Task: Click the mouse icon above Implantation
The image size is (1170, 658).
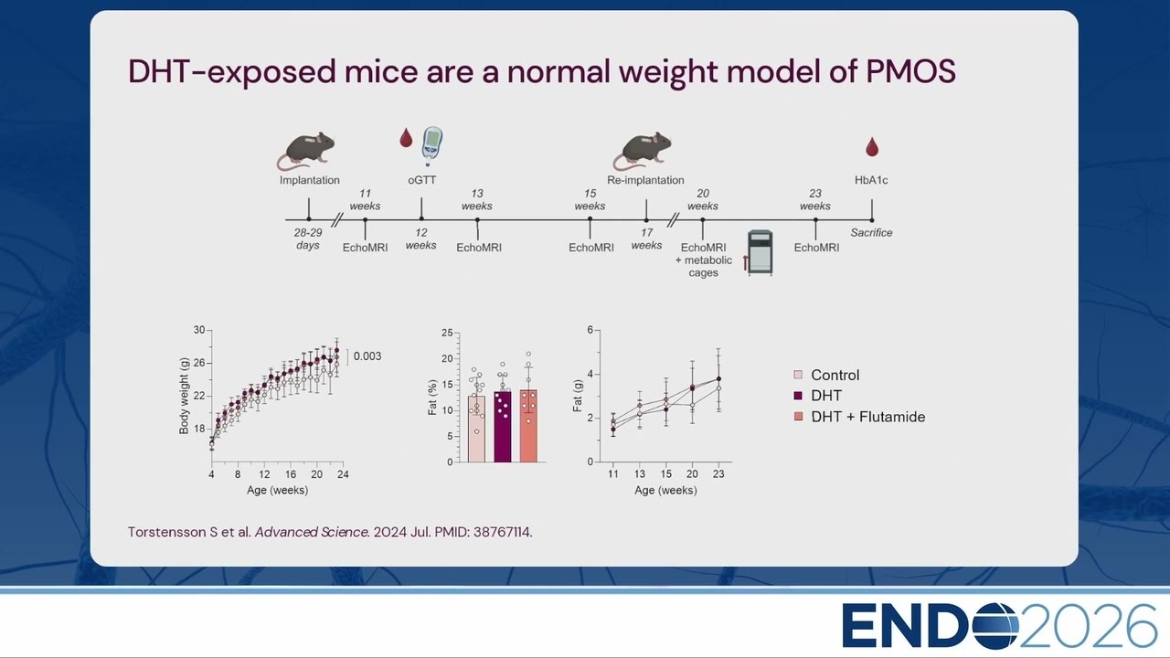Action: point(306,151)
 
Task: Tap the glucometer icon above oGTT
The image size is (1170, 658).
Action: point(432,146)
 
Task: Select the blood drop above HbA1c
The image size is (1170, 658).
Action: point(872,147)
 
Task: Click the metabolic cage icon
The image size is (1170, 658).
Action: point(760,253)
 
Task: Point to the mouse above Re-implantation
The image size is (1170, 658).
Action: point(643,151)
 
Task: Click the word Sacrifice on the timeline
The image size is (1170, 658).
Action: point(871,233)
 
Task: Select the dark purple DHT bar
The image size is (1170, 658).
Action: point(503,427)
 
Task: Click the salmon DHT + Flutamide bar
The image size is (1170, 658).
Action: point(528,426)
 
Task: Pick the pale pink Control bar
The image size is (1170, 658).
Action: point(476,429)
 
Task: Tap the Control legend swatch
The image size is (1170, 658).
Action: point(798,375)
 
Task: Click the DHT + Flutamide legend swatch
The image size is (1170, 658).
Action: point(798,416)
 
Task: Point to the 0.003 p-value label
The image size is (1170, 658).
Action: point(367,356)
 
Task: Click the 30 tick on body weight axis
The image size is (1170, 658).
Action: point(199,330)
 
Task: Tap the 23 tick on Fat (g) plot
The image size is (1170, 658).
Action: point(718,474)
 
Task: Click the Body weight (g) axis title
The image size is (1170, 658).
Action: point(184,396)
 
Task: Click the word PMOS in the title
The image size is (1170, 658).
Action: point(911,71)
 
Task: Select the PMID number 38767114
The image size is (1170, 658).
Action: point(502,532)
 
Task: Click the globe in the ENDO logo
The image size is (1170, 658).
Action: point(995,626)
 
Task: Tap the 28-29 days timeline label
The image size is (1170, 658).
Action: point(308,239)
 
